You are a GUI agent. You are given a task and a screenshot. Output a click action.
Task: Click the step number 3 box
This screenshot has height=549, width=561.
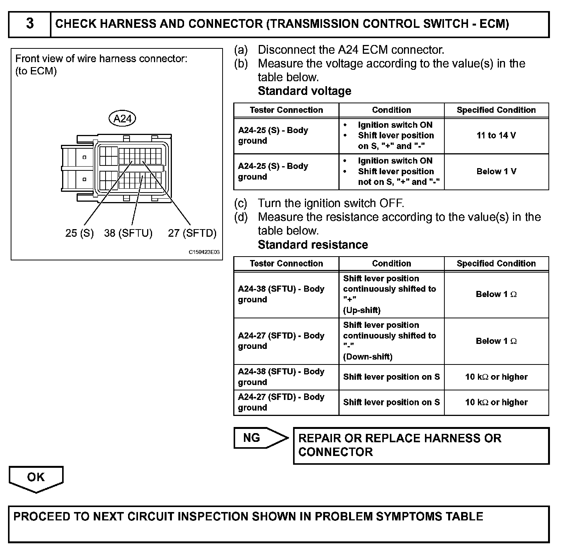click(30, 24)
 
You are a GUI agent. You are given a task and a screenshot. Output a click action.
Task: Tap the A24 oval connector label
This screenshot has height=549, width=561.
click(122, 119)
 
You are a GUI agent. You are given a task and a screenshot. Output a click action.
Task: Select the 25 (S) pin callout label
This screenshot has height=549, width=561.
click(79, 233)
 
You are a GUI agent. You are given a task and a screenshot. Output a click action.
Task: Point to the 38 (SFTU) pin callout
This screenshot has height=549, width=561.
click(128, 233)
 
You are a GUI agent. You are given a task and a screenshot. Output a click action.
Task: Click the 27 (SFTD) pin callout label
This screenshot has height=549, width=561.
click(192, 233)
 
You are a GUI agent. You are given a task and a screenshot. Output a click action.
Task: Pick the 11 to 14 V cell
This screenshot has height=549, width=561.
click(496, 135)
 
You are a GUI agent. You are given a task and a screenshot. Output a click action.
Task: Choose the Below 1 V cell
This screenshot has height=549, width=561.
click(496, 171)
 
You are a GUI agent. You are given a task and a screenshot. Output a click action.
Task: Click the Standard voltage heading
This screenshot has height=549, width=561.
click(305, 91)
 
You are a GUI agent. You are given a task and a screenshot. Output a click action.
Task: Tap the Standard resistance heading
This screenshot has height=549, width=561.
click(313, 245)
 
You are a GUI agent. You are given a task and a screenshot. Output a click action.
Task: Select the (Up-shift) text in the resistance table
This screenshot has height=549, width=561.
click(362, 310)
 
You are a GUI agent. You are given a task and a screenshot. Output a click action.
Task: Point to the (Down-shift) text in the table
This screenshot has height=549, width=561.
click(367, 357)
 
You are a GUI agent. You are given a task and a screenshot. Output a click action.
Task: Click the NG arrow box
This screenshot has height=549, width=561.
click(259, 438)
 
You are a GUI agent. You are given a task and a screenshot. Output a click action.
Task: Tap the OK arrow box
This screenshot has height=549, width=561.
click(36, 478)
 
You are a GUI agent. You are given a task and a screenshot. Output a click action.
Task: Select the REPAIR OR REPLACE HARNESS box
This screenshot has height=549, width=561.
click(421, 445)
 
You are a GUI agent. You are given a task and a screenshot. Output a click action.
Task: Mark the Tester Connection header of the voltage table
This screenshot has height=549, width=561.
click(286, 110)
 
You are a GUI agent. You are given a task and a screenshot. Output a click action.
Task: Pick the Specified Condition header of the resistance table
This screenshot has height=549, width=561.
click(496, 263)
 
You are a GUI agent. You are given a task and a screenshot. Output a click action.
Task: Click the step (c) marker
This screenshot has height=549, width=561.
click(241, 203)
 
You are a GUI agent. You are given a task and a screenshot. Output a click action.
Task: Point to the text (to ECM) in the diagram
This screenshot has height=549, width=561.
click(36, 71)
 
